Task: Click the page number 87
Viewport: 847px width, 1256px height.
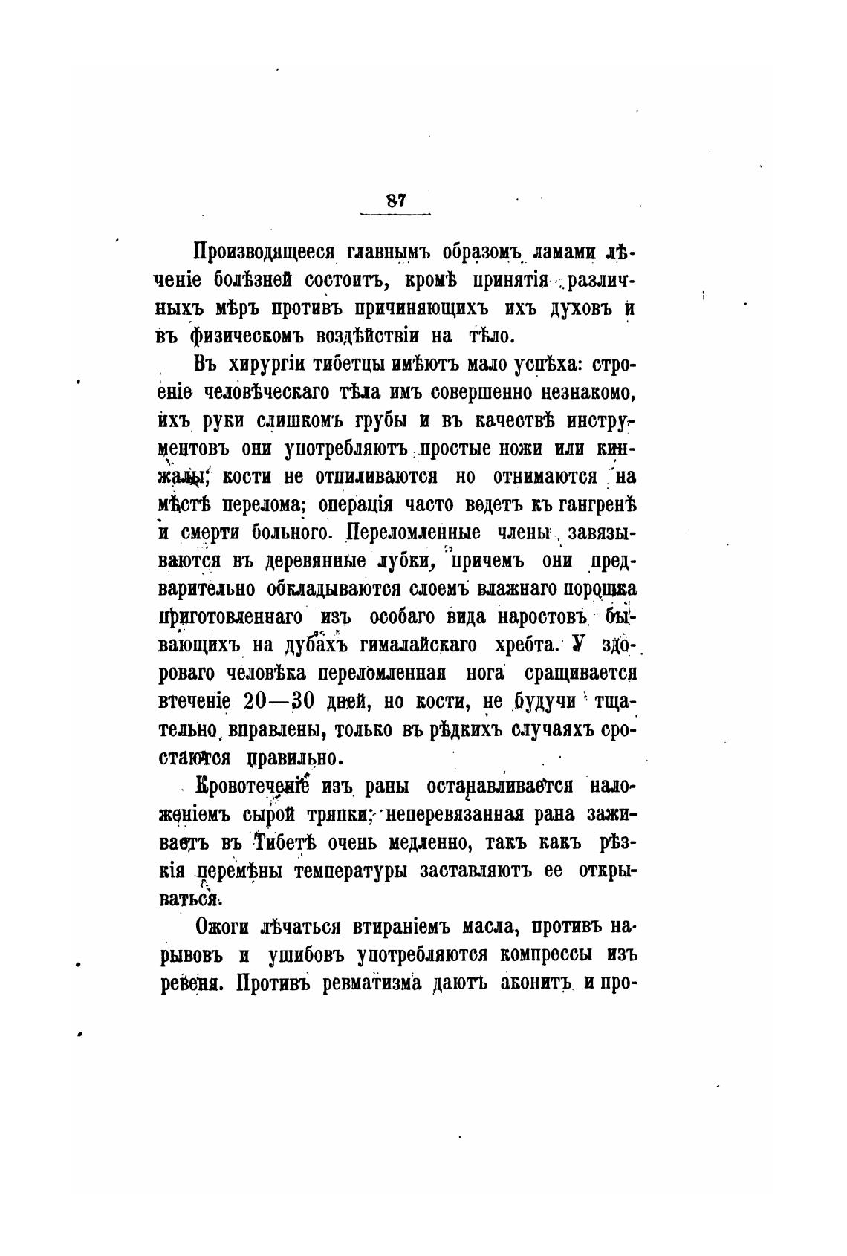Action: point(395,201)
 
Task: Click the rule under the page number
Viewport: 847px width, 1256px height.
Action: point(395,216)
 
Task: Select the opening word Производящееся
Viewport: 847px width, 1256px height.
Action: point(265,253)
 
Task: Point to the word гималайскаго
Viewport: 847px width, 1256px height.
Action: point(418,645)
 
